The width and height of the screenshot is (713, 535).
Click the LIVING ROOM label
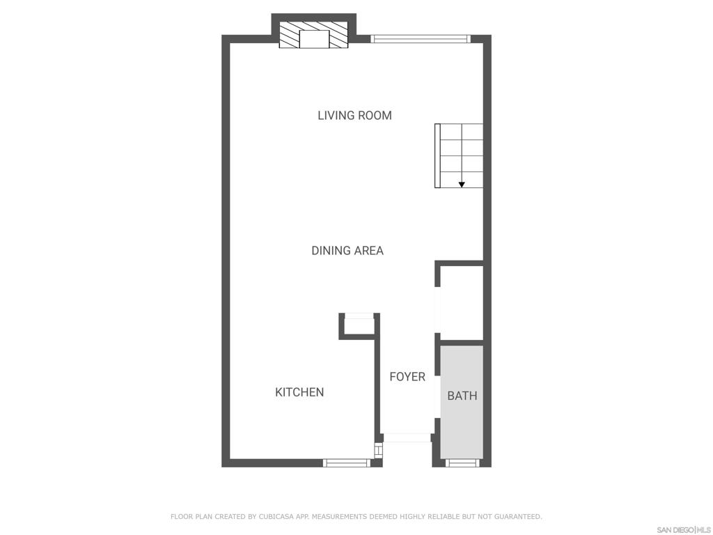(x=354, y=116)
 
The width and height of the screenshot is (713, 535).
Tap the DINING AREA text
(x=347, y=251)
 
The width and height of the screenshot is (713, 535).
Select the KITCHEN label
(x=299, y=392)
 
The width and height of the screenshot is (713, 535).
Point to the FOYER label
(x=407, y=377)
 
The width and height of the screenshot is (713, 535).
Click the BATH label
(x=462, y=396)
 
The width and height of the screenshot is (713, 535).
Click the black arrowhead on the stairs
(x=462, y=185)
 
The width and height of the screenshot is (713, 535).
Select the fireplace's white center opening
(x=314, y=39)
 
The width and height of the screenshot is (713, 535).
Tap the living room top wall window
(x=421, y=39)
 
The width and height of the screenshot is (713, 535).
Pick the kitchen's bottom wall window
(x=347, y=463)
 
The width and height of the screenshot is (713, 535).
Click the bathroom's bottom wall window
(x=462, y=463)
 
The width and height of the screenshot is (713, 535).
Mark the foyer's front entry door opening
(x=407, y=437)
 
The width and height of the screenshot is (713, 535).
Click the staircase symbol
(x=459, y=155)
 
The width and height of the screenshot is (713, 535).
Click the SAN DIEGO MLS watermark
(x=684, y=530)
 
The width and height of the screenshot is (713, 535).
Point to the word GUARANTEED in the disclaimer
(x=517, y=517)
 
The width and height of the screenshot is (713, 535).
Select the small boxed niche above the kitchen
(x=359, y=326)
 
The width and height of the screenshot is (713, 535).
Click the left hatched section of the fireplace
(x=290, y=36)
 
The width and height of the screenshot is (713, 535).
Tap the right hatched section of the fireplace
(x=339, y=36)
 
